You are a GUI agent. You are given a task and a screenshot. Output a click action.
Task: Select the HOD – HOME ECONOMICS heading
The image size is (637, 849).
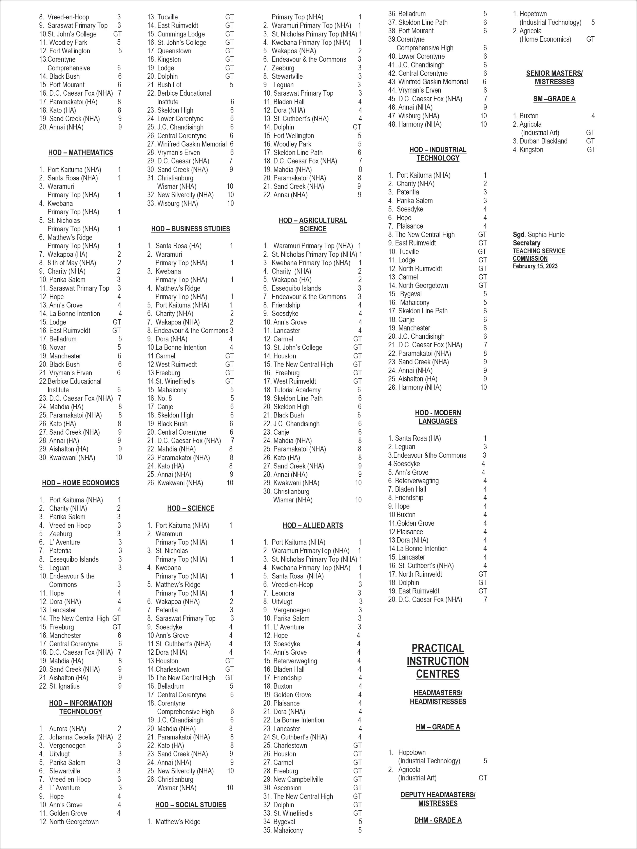click(81, 483)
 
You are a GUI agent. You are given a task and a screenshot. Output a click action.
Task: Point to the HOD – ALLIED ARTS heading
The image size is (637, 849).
click(313, 526)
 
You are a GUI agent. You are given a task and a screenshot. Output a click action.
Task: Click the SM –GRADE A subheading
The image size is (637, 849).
click(554, 99)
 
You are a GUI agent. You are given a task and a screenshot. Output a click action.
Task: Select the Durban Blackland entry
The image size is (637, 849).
click(543, 141)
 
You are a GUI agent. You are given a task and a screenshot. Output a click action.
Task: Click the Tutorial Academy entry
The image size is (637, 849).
click(297, 390)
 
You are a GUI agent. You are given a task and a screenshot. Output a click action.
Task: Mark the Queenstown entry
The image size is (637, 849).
click(174, 51)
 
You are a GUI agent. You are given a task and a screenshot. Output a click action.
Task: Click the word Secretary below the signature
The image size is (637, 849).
click(526, 243)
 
